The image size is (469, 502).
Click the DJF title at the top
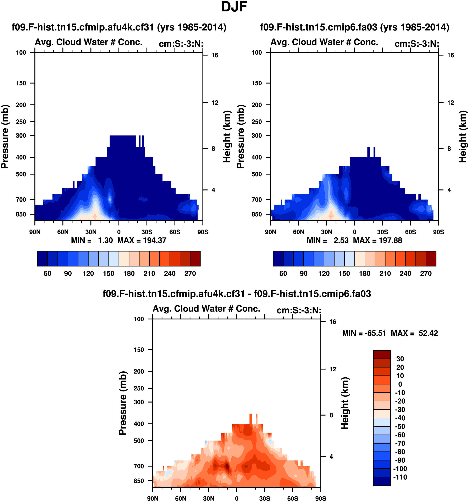234,7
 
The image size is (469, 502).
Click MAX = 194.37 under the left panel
142,240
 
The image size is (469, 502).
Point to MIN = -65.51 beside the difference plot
364,333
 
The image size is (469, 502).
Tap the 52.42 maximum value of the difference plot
428,333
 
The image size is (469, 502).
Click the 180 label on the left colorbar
129,274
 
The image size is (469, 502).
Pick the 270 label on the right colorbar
426,274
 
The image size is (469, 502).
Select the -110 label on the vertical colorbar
400,477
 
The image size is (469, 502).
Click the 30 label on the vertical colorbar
400,359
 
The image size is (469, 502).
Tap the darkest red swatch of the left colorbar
195,259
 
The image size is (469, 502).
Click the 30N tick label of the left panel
91,232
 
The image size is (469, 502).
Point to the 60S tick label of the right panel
410,232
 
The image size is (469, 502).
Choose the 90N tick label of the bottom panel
153,498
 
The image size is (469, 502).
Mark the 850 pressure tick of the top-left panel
21,214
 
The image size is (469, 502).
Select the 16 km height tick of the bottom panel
332,322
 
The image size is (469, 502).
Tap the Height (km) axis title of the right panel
462,136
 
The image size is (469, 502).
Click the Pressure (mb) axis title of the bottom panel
123,403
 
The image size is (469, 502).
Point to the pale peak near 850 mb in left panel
95,216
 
